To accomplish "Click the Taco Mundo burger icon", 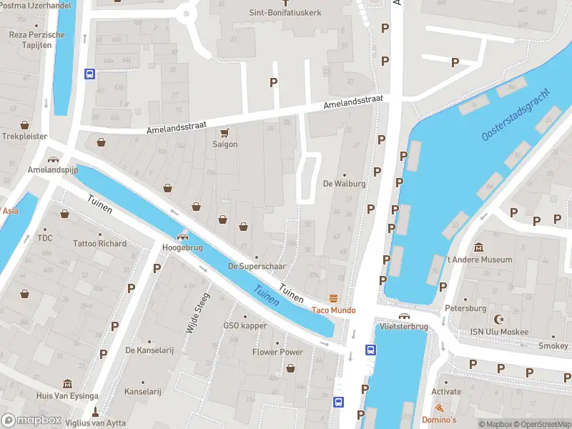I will (332, 298).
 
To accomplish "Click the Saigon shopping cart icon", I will (225, 132).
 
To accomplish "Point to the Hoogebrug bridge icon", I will (183, 237).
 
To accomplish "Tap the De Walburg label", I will (345, 183).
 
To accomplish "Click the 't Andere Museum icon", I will (478, 247).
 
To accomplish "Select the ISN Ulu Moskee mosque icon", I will (499, 320).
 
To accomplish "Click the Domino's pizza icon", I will (439, 408).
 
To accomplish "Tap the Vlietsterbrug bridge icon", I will (404, 315).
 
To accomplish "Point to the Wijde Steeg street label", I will (198, 313).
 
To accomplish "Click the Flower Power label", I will (277, 352).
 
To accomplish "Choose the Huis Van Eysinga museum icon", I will (67, 384).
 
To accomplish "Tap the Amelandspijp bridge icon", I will (52, 159).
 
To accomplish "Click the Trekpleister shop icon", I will (25, 124).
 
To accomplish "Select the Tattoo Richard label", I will (99, 243).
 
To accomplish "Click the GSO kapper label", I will (245, 326).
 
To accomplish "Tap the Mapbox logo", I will (31, 420).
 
